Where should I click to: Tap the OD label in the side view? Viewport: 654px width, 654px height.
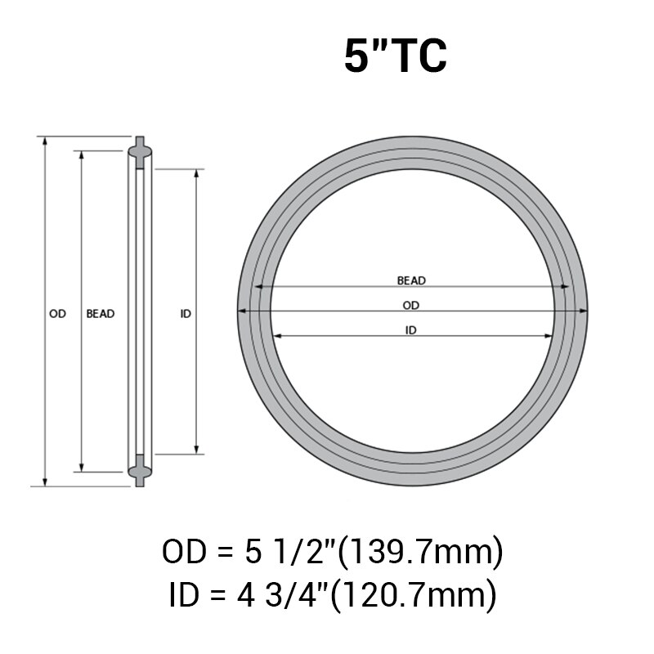[x=57, y=313]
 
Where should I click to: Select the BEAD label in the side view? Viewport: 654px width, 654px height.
[x=101, y=313]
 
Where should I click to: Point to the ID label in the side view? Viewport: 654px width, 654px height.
[x=186, y=313]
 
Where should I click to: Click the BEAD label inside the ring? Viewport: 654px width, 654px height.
[x=411, y=280]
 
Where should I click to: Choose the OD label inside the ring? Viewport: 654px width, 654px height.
[x=411, y=305]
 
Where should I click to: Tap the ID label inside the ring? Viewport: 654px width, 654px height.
[x=411, y=330]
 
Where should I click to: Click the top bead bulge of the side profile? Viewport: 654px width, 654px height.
[x=139, y=151]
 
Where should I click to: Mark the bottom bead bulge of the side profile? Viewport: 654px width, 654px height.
[x=139, y=470]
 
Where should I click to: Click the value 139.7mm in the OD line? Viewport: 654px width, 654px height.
[x=421, y=553]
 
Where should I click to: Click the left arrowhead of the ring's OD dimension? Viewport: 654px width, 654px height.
[x=241, y=311]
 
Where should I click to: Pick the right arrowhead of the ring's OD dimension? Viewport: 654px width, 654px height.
[x=584, y=311]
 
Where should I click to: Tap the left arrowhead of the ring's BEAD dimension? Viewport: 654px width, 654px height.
[x=258, y=286]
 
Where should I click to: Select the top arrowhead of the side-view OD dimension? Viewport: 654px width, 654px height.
[x=45, y=141]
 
